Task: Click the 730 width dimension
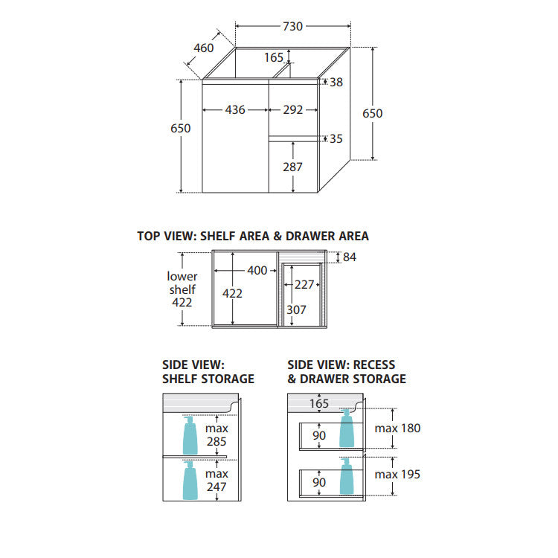292,26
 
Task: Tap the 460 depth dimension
204,48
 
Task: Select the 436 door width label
235,109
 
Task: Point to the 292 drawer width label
293,109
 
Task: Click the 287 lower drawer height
292,167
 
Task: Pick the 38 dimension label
336,82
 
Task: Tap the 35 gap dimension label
336,139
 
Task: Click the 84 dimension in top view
350,257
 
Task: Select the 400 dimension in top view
257,271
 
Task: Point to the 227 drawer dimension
304,285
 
